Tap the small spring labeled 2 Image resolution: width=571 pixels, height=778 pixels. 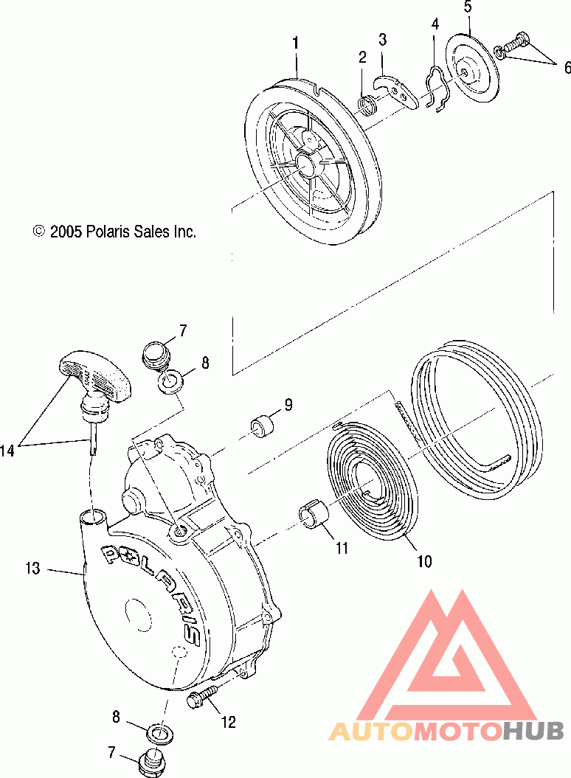(368, 104)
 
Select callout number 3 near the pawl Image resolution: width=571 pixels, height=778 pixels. (382, 39)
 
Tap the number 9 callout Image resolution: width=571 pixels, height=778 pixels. (288, 404)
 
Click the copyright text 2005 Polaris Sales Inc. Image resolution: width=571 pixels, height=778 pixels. (114, 232)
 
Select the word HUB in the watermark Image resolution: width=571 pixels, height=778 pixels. (533, 732)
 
